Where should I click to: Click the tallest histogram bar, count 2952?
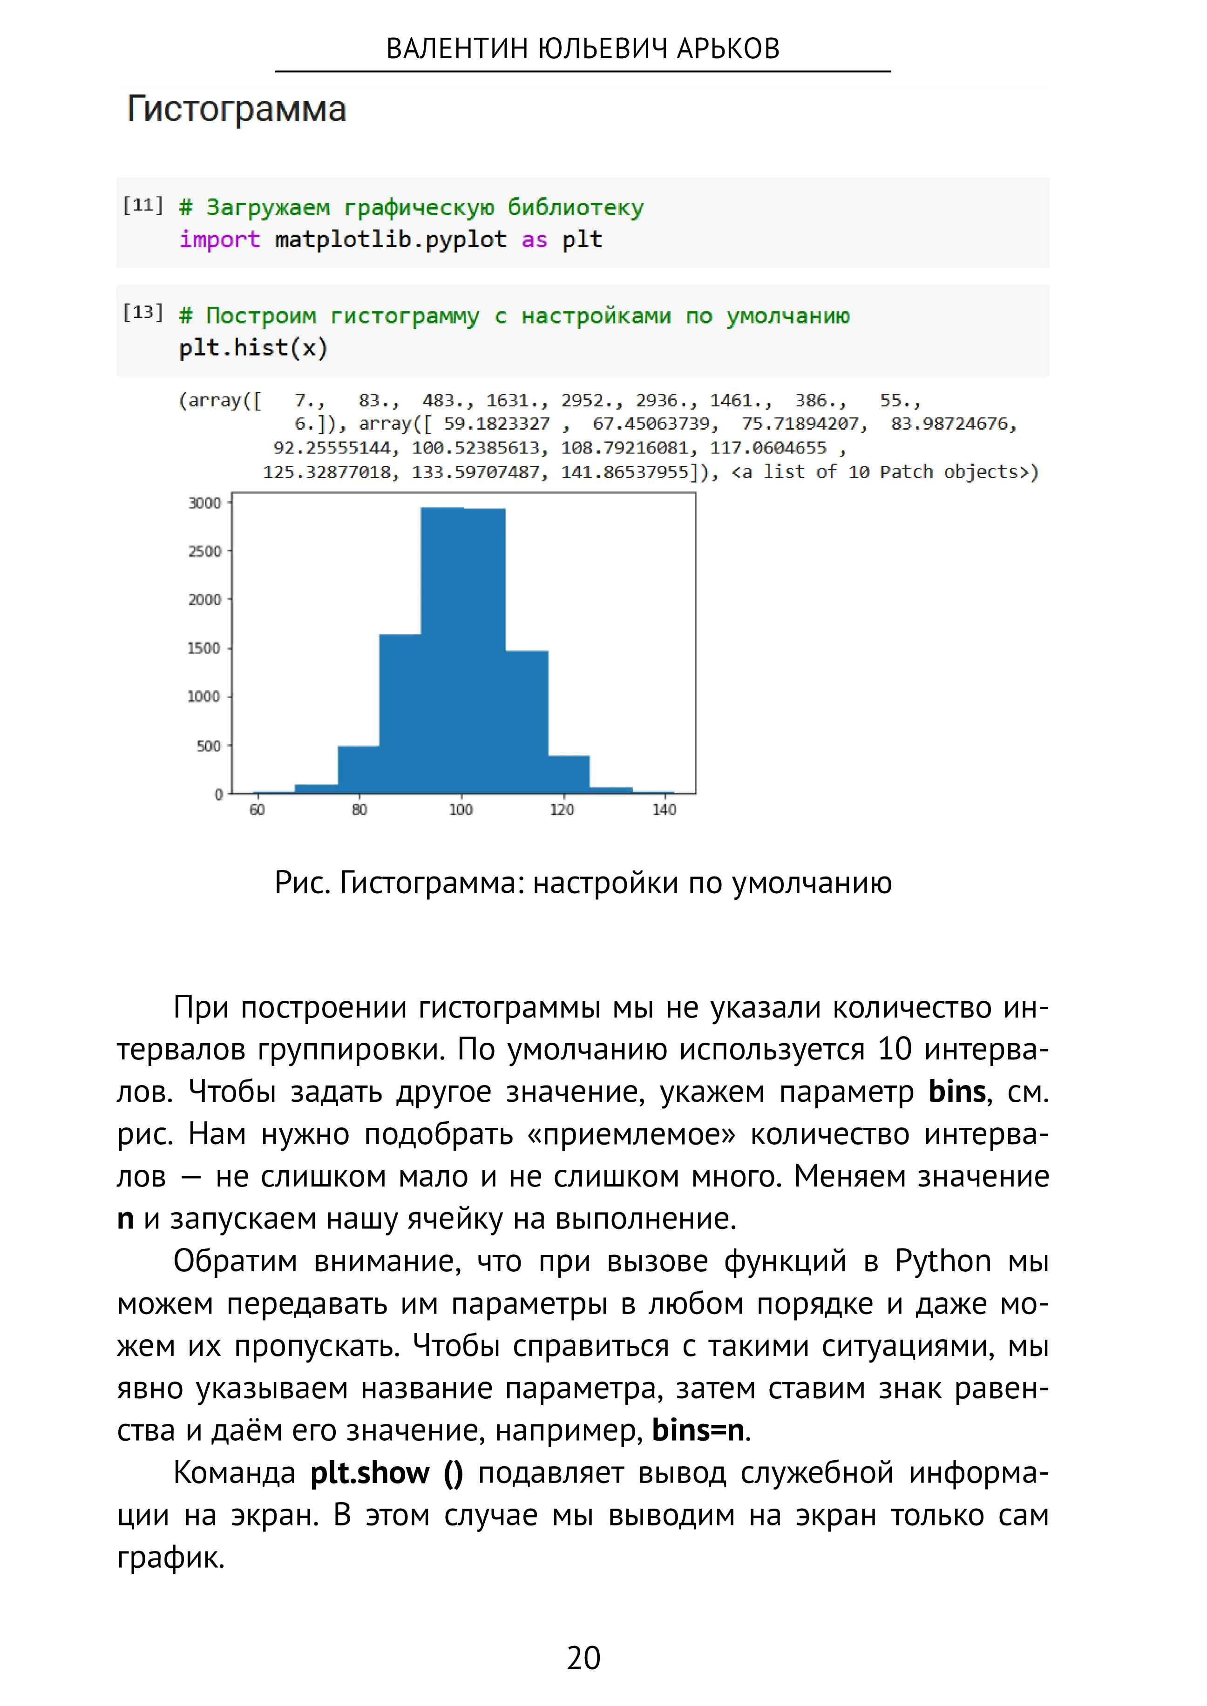click(442, 650)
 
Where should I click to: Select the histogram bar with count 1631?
click(400, 713)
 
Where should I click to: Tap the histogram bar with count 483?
click(358, 769)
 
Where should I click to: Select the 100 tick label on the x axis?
click(461, 810)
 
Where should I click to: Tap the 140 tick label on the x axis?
click(664, 810)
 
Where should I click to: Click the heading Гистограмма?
click(237, 109)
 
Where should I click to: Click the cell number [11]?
click(142, 205)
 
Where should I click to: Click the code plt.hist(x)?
click(253, 348)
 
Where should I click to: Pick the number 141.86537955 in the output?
click(624, 472)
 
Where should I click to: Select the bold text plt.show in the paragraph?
click(369, 1473)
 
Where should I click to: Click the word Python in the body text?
click(943, 1261)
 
